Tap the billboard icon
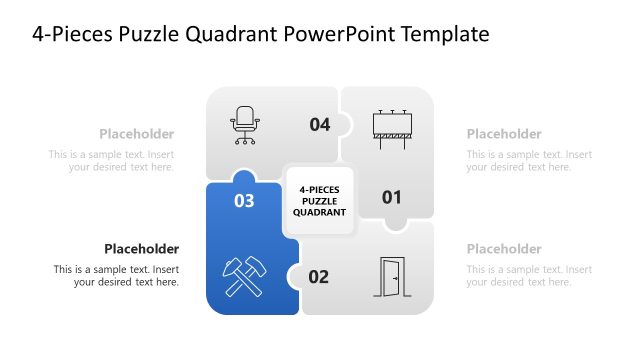(x=392, y=127)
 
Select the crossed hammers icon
(x=243, y=275)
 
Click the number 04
(x=319, y=125)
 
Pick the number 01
(x=392, y=197)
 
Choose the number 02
(x=318, y=277)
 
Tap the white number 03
(x=244, y=201)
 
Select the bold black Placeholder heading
(x=141, y=249)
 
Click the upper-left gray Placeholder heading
(x=136, y=134)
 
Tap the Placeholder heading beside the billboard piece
(x=504, y=134)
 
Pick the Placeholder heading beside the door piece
(x=504, y=249)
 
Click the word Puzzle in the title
(x=145, y=34)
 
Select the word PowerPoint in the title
(x=339, y=34)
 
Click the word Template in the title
(x=444, y=34)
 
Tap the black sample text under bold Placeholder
(x=118, y=276)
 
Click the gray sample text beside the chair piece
(x=112, y=161)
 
